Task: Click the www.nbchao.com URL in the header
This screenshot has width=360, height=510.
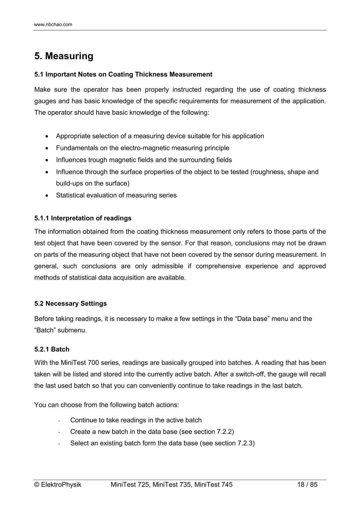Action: (x=53, y=25)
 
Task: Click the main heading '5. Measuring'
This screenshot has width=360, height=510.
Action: (x=64, y=56)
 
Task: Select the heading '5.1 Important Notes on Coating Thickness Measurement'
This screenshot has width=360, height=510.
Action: (x=123, y=75)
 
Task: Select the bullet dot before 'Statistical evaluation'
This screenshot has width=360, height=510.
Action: (x=47, y=196)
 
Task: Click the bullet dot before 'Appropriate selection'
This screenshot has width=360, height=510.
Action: (x=47, y=136)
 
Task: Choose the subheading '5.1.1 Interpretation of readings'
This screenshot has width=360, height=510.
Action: (x=83, y=218)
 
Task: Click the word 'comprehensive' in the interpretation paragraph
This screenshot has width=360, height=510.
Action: (x=218, y=266)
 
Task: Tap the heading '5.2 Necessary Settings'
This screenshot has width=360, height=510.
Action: (x=71, y=304)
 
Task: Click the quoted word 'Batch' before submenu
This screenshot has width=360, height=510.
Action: (x=45, y=330)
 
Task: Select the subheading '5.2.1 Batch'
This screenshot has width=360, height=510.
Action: (x=52, y=349)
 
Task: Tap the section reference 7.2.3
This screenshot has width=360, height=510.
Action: (x=245, y=443)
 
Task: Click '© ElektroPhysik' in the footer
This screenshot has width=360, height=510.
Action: (x=58, y=484)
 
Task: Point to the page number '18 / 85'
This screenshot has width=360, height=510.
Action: (x=307, y=484)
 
